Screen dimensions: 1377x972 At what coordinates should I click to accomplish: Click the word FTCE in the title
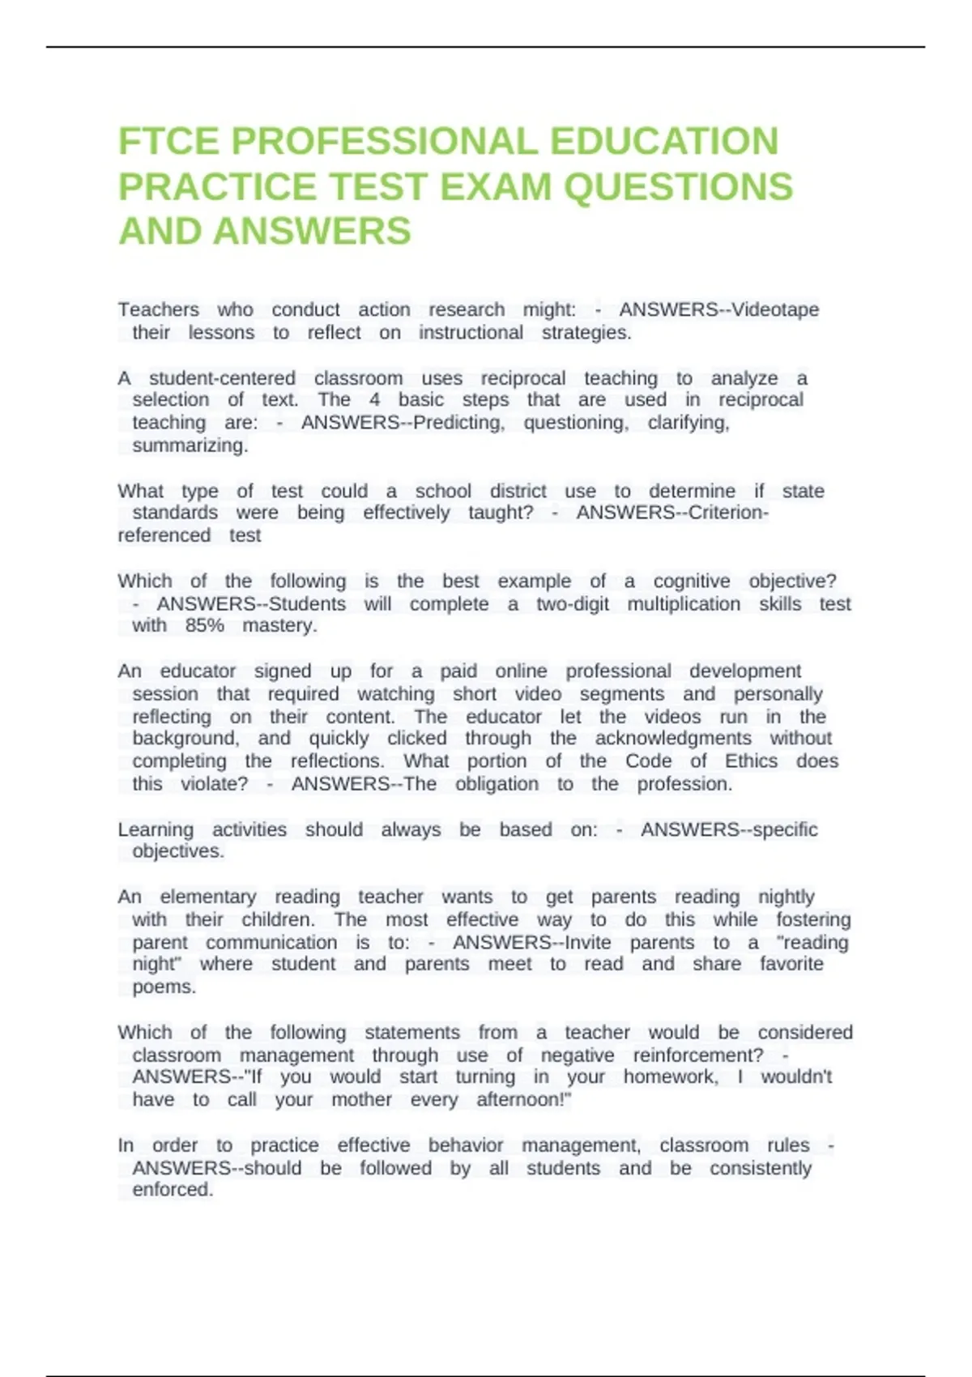pyautogui.click(x=168, y=142)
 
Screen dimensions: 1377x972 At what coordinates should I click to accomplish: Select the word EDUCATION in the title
pyautogui.click(x=664, y=142)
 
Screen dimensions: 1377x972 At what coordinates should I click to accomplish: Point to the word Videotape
pyautogui.click(x=775, y=309)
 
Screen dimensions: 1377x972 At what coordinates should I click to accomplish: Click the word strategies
pyautogui.click(x=586, y=332)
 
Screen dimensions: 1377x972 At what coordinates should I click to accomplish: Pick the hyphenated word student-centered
pyautogui.click(x=222, y=378)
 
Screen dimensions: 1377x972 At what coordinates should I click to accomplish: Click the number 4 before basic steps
pyautogui.click(x=374, y=399)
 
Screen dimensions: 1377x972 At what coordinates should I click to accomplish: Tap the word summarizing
pyautogui.click(x=190, y=446)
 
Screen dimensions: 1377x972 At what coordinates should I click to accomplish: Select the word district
pyautogui.click(x=518, y=491)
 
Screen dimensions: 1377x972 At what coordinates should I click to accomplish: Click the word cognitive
pyautogui.click(x=691, y=581)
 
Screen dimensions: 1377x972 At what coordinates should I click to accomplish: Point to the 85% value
pyautogui.click(x=204, y=625)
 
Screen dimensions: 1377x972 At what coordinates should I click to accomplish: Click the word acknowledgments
pyautogui.click(x=673, y=738)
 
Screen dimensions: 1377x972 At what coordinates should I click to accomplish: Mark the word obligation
pyautogui.click(x=497, y=783)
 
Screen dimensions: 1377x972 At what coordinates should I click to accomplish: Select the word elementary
pyautogui.click(x=208, y=897)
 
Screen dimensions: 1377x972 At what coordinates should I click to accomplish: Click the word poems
pyautogui.click(x=164, y=987)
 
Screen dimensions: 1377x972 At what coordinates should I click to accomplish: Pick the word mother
pyautogui.click(x=361, y=1099)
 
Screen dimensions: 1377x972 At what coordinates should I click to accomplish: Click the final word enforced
pyautogui.click(x=173, y=1189)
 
